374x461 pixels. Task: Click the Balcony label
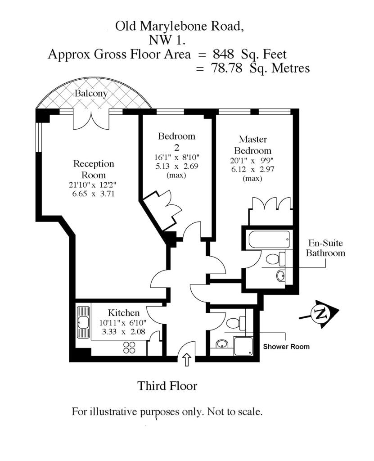point(91,94)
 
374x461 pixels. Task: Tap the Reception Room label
point(94,169)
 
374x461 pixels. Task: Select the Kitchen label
point(123,313)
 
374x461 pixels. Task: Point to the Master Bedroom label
point(253,145)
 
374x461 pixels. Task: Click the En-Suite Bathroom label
point(325,248)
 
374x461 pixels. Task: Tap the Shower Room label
point(286,347)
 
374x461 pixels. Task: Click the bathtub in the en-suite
point(269,240)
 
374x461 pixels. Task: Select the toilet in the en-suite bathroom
point(275,259)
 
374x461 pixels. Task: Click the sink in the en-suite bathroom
point(281,276)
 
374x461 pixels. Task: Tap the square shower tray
point(243,346)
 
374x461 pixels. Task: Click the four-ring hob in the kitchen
point(129,347)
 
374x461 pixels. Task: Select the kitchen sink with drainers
point(83,322)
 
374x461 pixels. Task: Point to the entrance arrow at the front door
point(187,360)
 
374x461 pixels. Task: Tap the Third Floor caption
point(167,386)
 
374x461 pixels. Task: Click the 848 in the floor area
point(224,54)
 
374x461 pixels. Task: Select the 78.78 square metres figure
point(227,68)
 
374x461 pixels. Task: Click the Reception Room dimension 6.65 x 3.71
point(93,194)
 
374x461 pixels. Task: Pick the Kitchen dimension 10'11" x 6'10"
point(123,322)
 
